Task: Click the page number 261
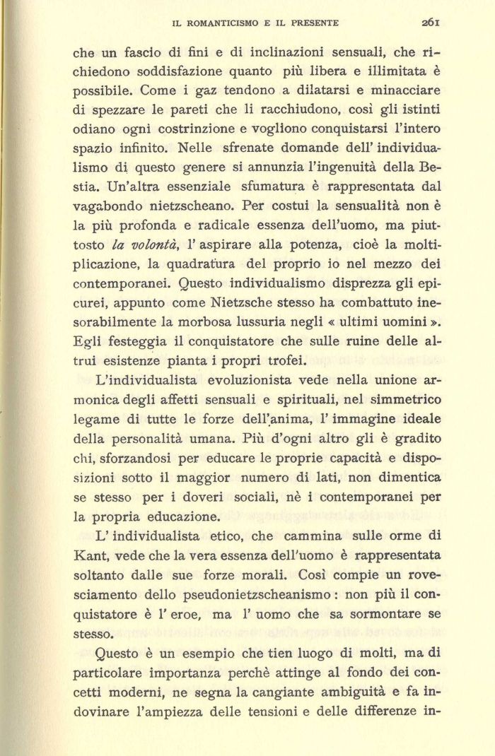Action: pos(431,22)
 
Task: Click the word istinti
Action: pos(417,111)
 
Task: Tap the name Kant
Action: pos(90,555)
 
